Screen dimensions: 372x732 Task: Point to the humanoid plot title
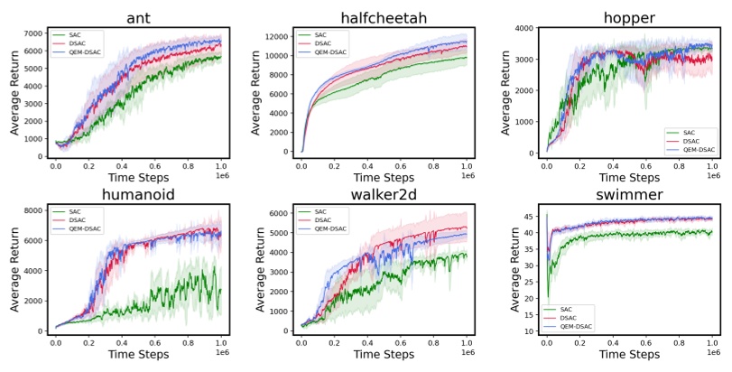click(139, 197)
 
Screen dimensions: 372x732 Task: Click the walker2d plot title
click(384, 197)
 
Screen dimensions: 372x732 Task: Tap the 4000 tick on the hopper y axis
click(521, 29)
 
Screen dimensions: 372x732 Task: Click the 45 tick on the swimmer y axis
click(526, 218)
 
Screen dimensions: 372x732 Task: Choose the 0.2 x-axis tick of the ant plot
click(89, 167)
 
